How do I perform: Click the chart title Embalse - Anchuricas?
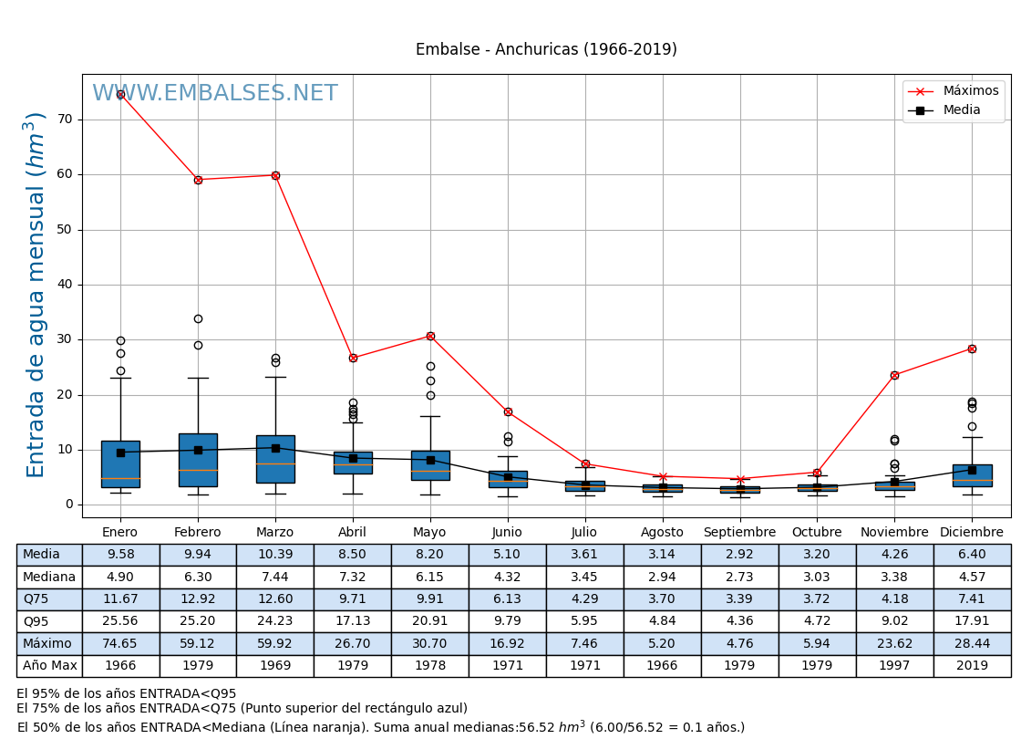(x=546, y=50)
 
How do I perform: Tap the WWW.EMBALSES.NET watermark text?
(x=214, y=94)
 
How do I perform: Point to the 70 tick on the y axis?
(x=65, y=120)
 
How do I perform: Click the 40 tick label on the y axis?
(x=65, y=285)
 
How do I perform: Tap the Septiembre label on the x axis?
(x=739, y=533)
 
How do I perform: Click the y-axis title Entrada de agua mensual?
(x=36, y=295)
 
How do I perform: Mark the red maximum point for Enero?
(x=120, y=94)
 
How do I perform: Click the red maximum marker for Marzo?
(x=275, y=175)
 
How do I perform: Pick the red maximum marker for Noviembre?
(x=894, y=375)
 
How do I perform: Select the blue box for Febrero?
(x=198, y=460)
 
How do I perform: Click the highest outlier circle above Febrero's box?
(x=198, y=318)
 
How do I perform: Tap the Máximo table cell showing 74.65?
(x=120, y=644)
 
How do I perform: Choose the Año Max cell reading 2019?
(x=972, y=666)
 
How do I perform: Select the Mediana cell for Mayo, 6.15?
(x=429, y=578)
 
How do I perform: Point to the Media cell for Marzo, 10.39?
(x=275, y=555)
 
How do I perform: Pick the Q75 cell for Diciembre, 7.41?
(x=972, y=599)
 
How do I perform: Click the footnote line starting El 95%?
(x=126, y=694)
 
